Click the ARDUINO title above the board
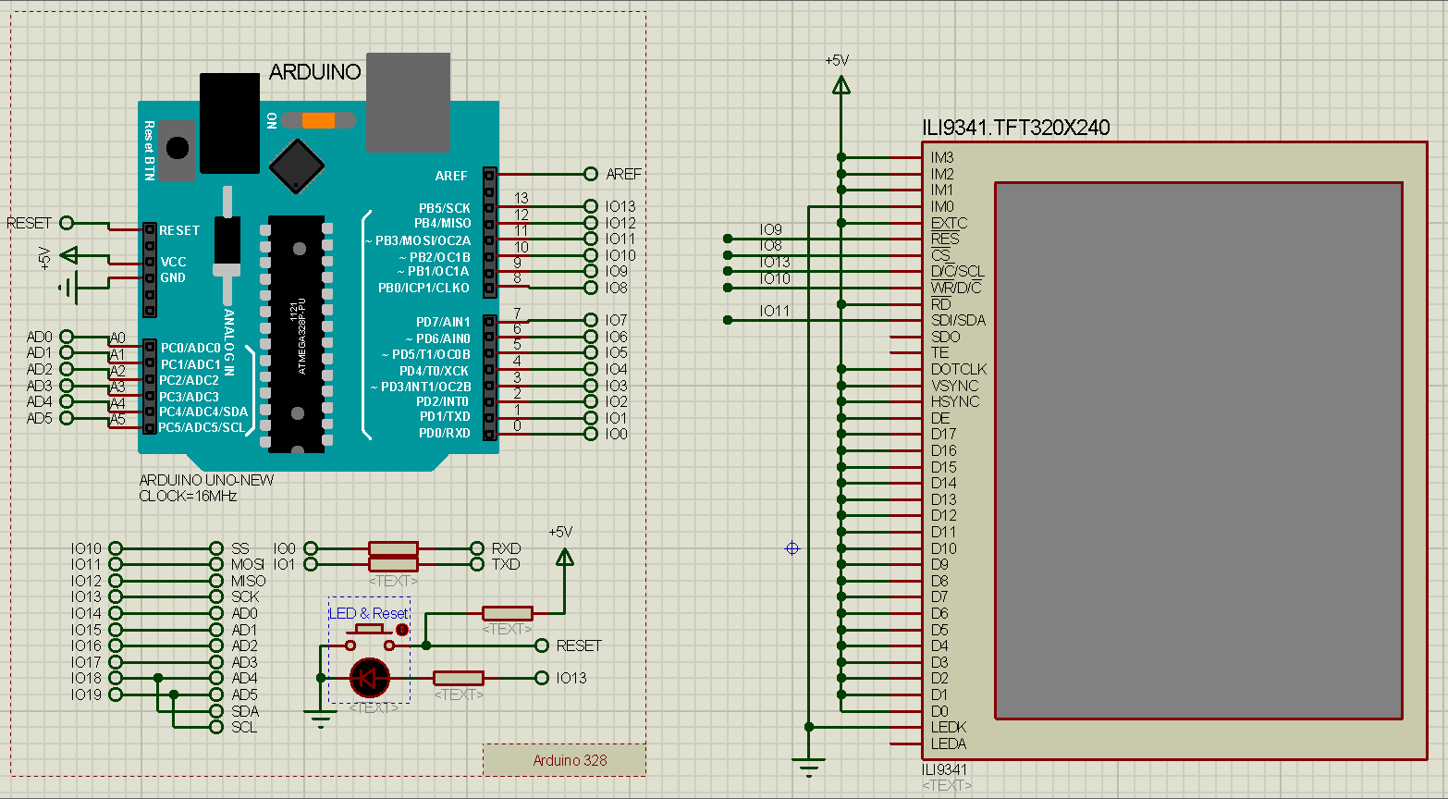coord(314,72)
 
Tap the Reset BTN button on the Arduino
coord(177,148)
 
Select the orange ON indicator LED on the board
coord(318,120)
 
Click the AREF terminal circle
coord(591,174)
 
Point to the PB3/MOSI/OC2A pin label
coord(422,240)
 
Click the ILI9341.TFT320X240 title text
coord(1015,128)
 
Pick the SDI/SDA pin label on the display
coord(958,320)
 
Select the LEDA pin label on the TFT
coord(949,744)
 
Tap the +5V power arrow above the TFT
coord(841,85)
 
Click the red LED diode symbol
coord(370,679)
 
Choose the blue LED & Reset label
coord(369,613)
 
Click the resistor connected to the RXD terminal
coord(393,548)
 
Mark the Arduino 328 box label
coord(570,760)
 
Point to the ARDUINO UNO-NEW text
coord(206,480)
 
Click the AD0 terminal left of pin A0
coord(67,337)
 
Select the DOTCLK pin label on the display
coord(959,369)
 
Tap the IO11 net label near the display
coord(775,312)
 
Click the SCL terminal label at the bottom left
coord(244,727)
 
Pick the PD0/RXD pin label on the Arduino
coord(445,433)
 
